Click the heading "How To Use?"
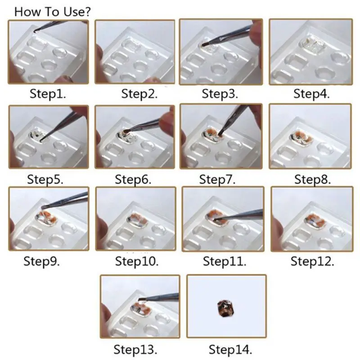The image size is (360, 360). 53,12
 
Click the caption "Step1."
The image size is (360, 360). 48,94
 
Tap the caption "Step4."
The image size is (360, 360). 311,94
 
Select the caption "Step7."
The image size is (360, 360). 217,179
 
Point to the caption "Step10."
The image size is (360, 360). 137,261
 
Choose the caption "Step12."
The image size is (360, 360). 312,261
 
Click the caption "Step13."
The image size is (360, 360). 135,350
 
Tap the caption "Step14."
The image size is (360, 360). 230,350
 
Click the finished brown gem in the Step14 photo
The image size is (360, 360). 224,308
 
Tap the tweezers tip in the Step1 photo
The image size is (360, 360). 35,31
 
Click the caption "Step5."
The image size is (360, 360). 45,179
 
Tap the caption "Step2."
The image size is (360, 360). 139,94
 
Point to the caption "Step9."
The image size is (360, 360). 41,261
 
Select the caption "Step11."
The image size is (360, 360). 225,261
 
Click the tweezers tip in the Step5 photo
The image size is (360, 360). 42,139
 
